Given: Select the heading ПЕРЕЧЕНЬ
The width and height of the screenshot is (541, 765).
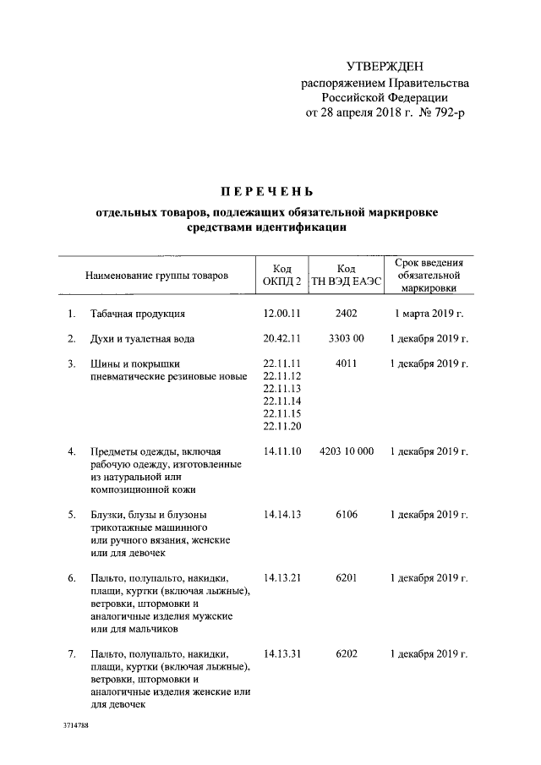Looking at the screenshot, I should [x=268, y=192].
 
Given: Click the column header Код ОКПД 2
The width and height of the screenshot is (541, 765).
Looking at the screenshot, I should [x=282, y=275].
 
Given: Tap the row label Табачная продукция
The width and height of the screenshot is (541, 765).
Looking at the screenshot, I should [x=138, y=314].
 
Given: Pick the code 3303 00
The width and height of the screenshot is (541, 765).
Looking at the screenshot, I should [x=346, y=339].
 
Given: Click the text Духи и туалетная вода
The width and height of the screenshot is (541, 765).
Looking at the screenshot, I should [x=143, y=339].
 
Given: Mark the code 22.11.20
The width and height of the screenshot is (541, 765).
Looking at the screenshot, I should [x=282, y=426].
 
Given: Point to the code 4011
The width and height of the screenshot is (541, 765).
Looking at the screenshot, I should [x=346, y=363].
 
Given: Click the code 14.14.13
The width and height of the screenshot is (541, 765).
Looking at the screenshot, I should [x=282, y=514].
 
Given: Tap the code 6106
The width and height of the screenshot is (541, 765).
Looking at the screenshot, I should [x=346, y=514].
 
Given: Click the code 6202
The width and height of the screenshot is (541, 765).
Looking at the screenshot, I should [x=346, y=653].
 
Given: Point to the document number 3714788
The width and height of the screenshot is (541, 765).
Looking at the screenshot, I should [x=76, y=726].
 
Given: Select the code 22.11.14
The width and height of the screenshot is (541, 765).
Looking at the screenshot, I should [x=282, y=401].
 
